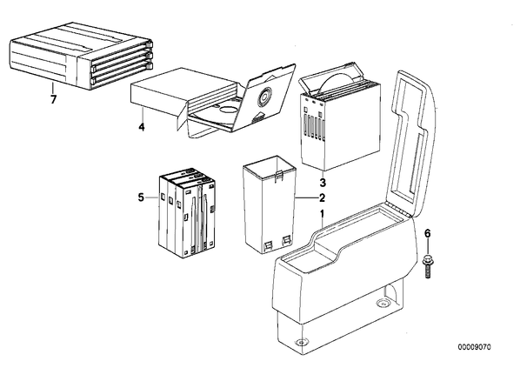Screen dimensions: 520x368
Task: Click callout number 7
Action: pos(53,99)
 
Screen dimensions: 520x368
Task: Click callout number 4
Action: pos(142,127)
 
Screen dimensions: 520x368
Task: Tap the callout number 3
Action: pos(323,182)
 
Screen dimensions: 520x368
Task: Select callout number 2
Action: pos(322,198)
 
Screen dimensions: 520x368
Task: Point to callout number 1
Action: pos(322,214)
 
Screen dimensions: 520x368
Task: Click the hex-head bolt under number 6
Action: pos(427,266)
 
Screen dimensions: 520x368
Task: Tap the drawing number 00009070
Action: pos(474,347)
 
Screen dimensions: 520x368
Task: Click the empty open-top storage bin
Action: pos(270,204)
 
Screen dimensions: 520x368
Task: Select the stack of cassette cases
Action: pos(187,214)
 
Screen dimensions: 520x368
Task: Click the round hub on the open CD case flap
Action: pos(264,97)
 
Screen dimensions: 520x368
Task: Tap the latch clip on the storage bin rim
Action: pos(279,176)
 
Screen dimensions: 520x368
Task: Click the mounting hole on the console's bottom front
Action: pos(301,342)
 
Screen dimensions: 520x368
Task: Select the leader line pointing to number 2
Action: pos(306,198)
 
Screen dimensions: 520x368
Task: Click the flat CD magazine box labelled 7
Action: pos(82,56)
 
